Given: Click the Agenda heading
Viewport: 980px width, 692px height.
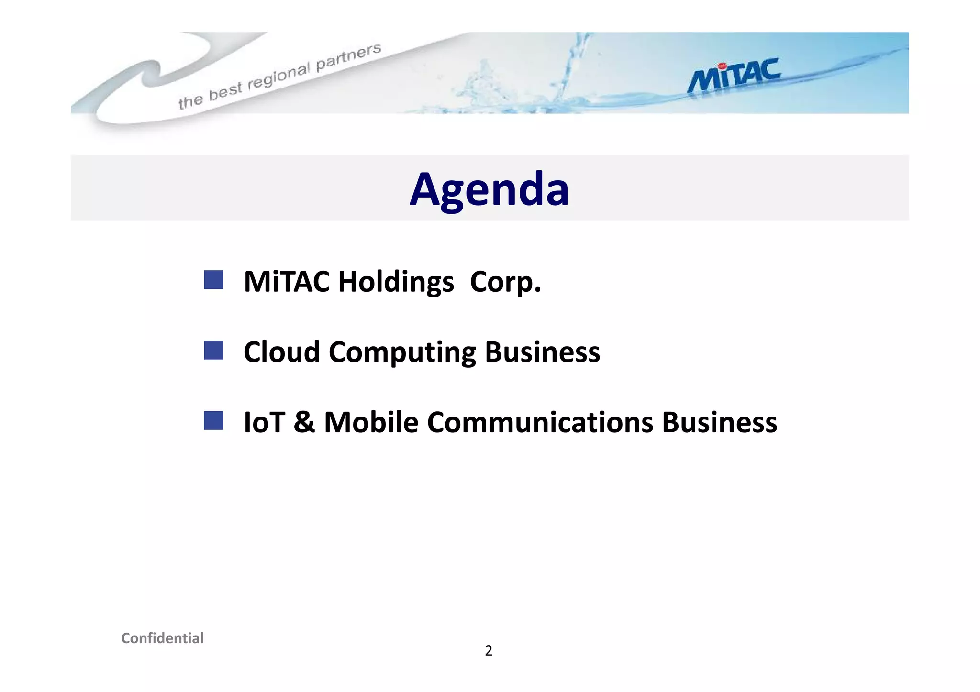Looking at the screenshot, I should point(489,189).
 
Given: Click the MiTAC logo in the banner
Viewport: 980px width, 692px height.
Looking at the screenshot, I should point(734,76).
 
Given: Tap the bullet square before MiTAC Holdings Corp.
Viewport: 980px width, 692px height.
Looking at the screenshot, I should point(213,280).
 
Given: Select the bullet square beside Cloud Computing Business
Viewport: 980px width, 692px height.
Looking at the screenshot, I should point(213,350).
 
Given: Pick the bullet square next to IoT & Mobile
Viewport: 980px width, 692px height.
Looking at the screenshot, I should point(213,420).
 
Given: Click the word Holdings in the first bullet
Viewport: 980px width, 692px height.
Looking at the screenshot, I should point(396,282).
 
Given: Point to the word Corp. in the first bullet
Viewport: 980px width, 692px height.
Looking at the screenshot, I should point(505,282).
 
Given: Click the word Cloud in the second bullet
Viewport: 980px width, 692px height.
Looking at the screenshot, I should point(281,352).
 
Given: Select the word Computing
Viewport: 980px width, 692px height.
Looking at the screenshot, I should point(402,353).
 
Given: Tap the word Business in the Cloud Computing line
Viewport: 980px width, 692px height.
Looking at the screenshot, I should point(542,352).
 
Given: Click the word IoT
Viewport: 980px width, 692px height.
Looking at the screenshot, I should point(264,423).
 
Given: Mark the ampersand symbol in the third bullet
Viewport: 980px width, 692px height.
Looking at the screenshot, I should point(304,423).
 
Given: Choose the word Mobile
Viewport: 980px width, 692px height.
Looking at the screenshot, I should point(371,423).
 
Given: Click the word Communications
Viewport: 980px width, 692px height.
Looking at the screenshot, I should point(540,423).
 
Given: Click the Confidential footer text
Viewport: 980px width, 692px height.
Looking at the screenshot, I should point(162,638).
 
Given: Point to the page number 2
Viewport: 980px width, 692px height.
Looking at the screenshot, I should point(488,651).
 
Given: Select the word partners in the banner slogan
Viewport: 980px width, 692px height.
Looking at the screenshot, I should point(349,56).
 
